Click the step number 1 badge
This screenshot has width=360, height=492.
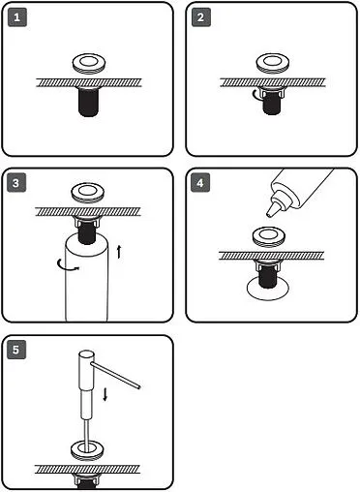point(16,17)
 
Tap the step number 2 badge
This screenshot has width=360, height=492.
point(200,17)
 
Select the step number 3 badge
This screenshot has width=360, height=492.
point(16,183)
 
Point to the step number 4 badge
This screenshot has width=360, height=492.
point(200,183)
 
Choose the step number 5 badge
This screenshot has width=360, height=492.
point(16,350)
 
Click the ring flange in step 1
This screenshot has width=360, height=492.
point(89,64)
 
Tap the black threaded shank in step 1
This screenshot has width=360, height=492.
point(88,102)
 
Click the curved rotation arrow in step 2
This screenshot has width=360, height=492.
point(255,95)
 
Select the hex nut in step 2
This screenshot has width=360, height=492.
point(272,93)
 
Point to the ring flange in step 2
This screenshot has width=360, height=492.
point(273,63)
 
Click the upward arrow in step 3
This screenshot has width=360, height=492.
point(119,252)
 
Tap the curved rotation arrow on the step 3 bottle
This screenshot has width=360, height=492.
point(67,264)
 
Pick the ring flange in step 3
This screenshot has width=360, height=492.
point(88,193)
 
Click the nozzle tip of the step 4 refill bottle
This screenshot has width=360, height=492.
point(269,214)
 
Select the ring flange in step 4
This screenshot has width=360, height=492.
point(268,237)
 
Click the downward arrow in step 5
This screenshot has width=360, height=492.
point(105,394)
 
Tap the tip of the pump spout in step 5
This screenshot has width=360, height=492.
point(139,386)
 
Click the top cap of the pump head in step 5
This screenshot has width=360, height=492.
point(86,354)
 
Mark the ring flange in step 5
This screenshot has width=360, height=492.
point(87,450)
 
